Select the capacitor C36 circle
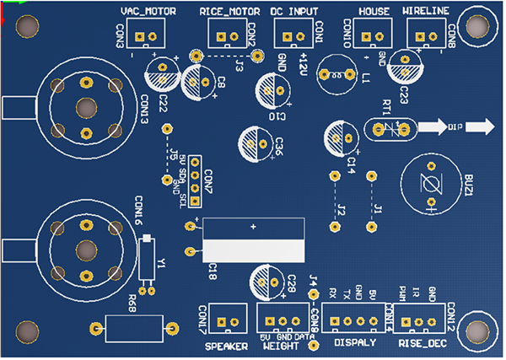(x=256, y=142)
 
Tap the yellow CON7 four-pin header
(x=195, y=180)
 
